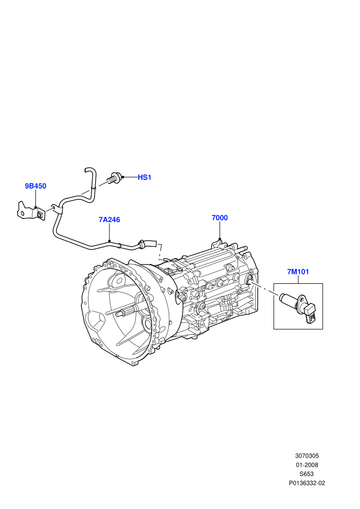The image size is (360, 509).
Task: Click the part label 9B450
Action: [x=35, y=186]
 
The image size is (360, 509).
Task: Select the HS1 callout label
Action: [x=145, y=177]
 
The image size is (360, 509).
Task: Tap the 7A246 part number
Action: [x=110, y=220]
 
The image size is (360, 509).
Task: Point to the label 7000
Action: [x=220, y=218]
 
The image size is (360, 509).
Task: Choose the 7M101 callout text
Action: [x=298, y=271]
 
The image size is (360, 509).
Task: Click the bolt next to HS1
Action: [x=115, y=178]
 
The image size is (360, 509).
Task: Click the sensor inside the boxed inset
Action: [x=299, y=307]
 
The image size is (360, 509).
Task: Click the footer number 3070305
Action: [x=307, y=456]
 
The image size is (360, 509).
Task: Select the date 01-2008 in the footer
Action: [x=307, y=465]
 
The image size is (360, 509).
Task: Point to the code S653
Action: [x=307, y=474]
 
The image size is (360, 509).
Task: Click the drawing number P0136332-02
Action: [x=307, y=483]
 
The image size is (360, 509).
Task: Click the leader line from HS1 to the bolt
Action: [x=130, y=177]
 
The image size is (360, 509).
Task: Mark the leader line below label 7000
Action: [x=220, y=230]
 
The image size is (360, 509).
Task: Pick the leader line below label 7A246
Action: [x=110, y=232]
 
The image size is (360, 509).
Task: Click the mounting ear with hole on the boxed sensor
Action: [x=302, y=299]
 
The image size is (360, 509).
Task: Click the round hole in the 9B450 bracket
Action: [x=22, y=213]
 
